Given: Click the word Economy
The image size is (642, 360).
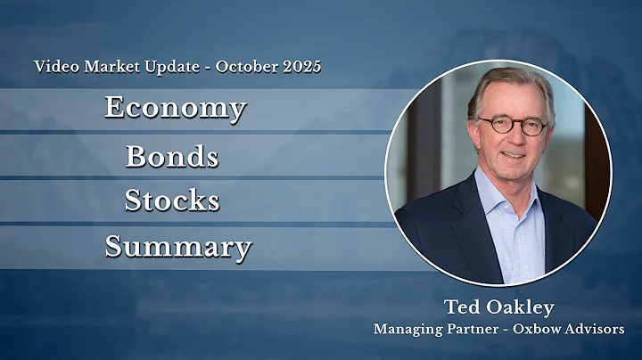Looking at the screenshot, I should (x=174, y=108).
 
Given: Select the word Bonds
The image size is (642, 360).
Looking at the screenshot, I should (x=172, y=156).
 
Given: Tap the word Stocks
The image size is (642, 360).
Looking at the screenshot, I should (x=172, y=200).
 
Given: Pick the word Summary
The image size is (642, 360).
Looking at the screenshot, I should (x=177, y=246).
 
